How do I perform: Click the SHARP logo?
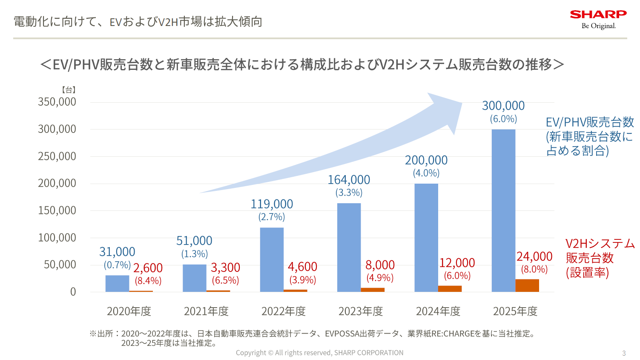(x=598, y=14)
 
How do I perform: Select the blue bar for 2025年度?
(x=503, y=210)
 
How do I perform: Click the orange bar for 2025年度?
(x=527, y=285)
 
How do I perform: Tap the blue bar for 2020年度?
(x=117, y=283)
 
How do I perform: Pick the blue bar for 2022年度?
(x=272, y=259)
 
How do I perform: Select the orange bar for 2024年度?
(x=450, y=289)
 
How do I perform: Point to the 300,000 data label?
(x=503, y=106)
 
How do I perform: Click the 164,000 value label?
(x=349, y=180)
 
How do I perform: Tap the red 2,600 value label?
(x=148, y=268)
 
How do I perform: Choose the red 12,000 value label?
(x=457, y=263)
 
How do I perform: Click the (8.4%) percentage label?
(x=148, y=281)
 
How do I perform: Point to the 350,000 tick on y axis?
(x=57, y=102)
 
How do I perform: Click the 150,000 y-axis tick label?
(x=57, y=210)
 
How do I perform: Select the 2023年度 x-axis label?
(x=361, y=311)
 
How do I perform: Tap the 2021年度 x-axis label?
(x=206, y=311)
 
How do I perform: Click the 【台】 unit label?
(x=69, y=90)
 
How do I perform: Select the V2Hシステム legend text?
(x=600, y=244)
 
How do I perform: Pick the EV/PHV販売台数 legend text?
(x=590, y=122)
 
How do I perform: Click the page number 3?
(x=624, y=353)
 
